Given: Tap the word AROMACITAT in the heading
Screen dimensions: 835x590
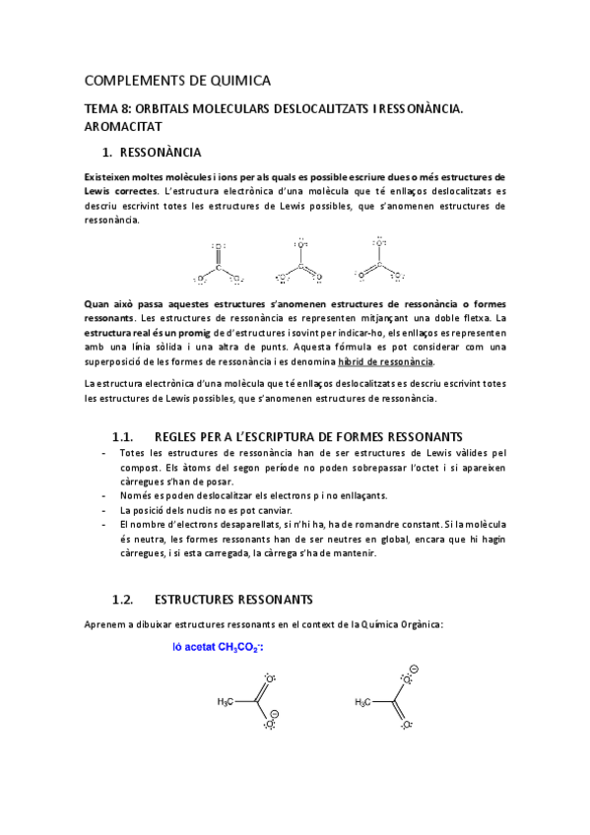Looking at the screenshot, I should click(x=121, y=127).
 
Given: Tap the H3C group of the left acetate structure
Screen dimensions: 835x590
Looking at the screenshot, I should click(x=228, y=702).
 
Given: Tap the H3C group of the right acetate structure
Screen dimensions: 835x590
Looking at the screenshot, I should click(x=365, y=702).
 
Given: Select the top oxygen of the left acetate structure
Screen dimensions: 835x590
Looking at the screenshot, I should click(x=269, y=678).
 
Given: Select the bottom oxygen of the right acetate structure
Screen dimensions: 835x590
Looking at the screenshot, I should click(x=405, y=724).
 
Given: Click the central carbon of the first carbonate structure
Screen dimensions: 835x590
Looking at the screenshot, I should click(x=218, y=264).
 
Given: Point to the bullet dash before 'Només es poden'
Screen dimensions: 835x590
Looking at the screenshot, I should click(x=106, y=495).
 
